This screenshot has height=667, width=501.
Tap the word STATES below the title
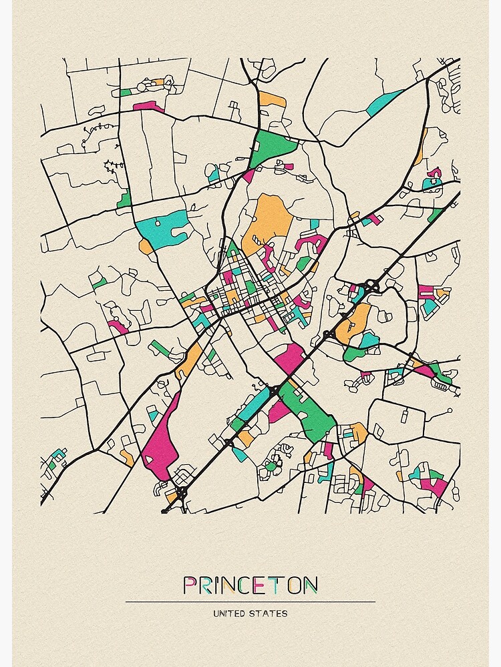[x=270, y=613]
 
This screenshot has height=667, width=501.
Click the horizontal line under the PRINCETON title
[x=250, y=602]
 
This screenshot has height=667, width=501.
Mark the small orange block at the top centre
[x=272, y=99]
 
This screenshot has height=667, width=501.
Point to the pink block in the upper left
[x=148, y=105]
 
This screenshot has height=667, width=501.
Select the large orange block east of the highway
[x=355, y=323]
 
